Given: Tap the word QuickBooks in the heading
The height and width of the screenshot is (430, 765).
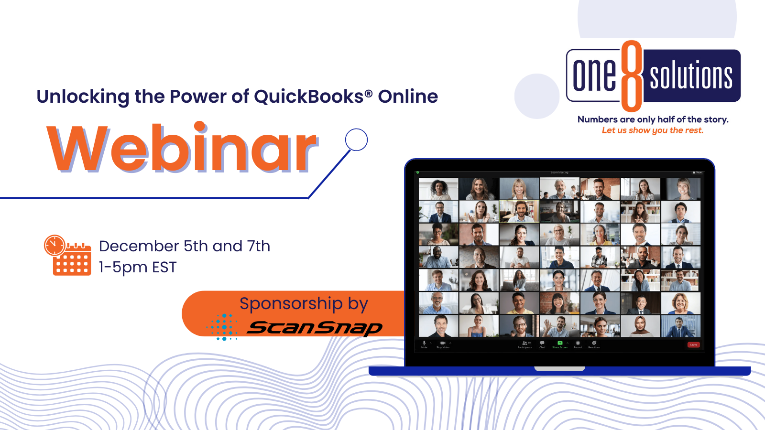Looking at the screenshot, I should (308, 97).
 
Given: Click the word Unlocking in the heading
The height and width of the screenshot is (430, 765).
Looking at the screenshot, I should (82, 97).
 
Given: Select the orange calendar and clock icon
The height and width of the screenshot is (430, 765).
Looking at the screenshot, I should (67, 255).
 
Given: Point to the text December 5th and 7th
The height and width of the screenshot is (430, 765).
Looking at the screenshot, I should (184, 246).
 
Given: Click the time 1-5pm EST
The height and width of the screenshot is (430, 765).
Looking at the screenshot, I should (138, 267).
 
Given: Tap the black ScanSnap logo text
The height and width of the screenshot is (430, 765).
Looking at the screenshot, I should (315, 328).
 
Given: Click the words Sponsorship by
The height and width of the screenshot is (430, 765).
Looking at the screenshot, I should (304, 303).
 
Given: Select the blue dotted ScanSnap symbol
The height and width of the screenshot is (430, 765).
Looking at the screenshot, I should (222, 327).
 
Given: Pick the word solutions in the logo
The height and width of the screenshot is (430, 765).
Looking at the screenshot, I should (691, 75).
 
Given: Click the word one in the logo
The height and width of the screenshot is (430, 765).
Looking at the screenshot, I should (594, 75).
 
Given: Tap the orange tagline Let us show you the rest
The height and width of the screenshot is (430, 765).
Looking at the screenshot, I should (653, 130).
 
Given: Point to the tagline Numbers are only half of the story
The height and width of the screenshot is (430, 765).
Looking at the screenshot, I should (653, 119).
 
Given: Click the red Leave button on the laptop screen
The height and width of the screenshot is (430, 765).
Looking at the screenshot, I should (693, 344).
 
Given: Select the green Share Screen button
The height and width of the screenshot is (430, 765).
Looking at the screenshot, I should (560, 344).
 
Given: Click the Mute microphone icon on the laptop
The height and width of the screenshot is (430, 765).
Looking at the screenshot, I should (424, 344).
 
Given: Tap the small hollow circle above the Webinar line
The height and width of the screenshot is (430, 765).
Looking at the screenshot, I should (356, 140).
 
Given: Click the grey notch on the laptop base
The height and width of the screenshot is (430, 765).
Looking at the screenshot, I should (559, 369).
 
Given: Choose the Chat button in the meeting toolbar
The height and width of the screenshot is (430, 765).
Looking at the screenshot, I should (542, 344).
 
